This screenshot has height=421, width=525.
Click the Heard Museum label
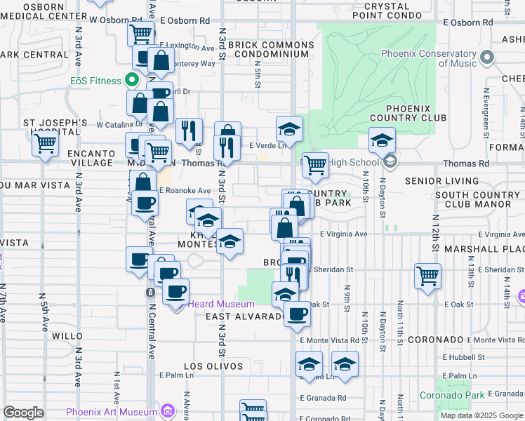[x=220, y=304]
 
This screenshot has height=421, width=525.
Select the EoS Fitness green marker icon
[x=131, y=81]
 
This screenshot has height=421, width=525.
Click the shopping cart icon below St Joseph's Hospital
[x=46, y=144]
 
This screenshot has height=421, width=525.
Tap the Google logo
[x=23, y=413]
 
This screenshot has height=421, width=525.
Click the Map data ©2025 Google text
[x=481, y=415]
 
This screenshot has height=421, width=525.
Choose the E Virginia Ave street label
[x=344, y=234]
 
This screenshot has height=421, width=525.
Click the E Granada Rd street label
[x=322, y=398]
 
